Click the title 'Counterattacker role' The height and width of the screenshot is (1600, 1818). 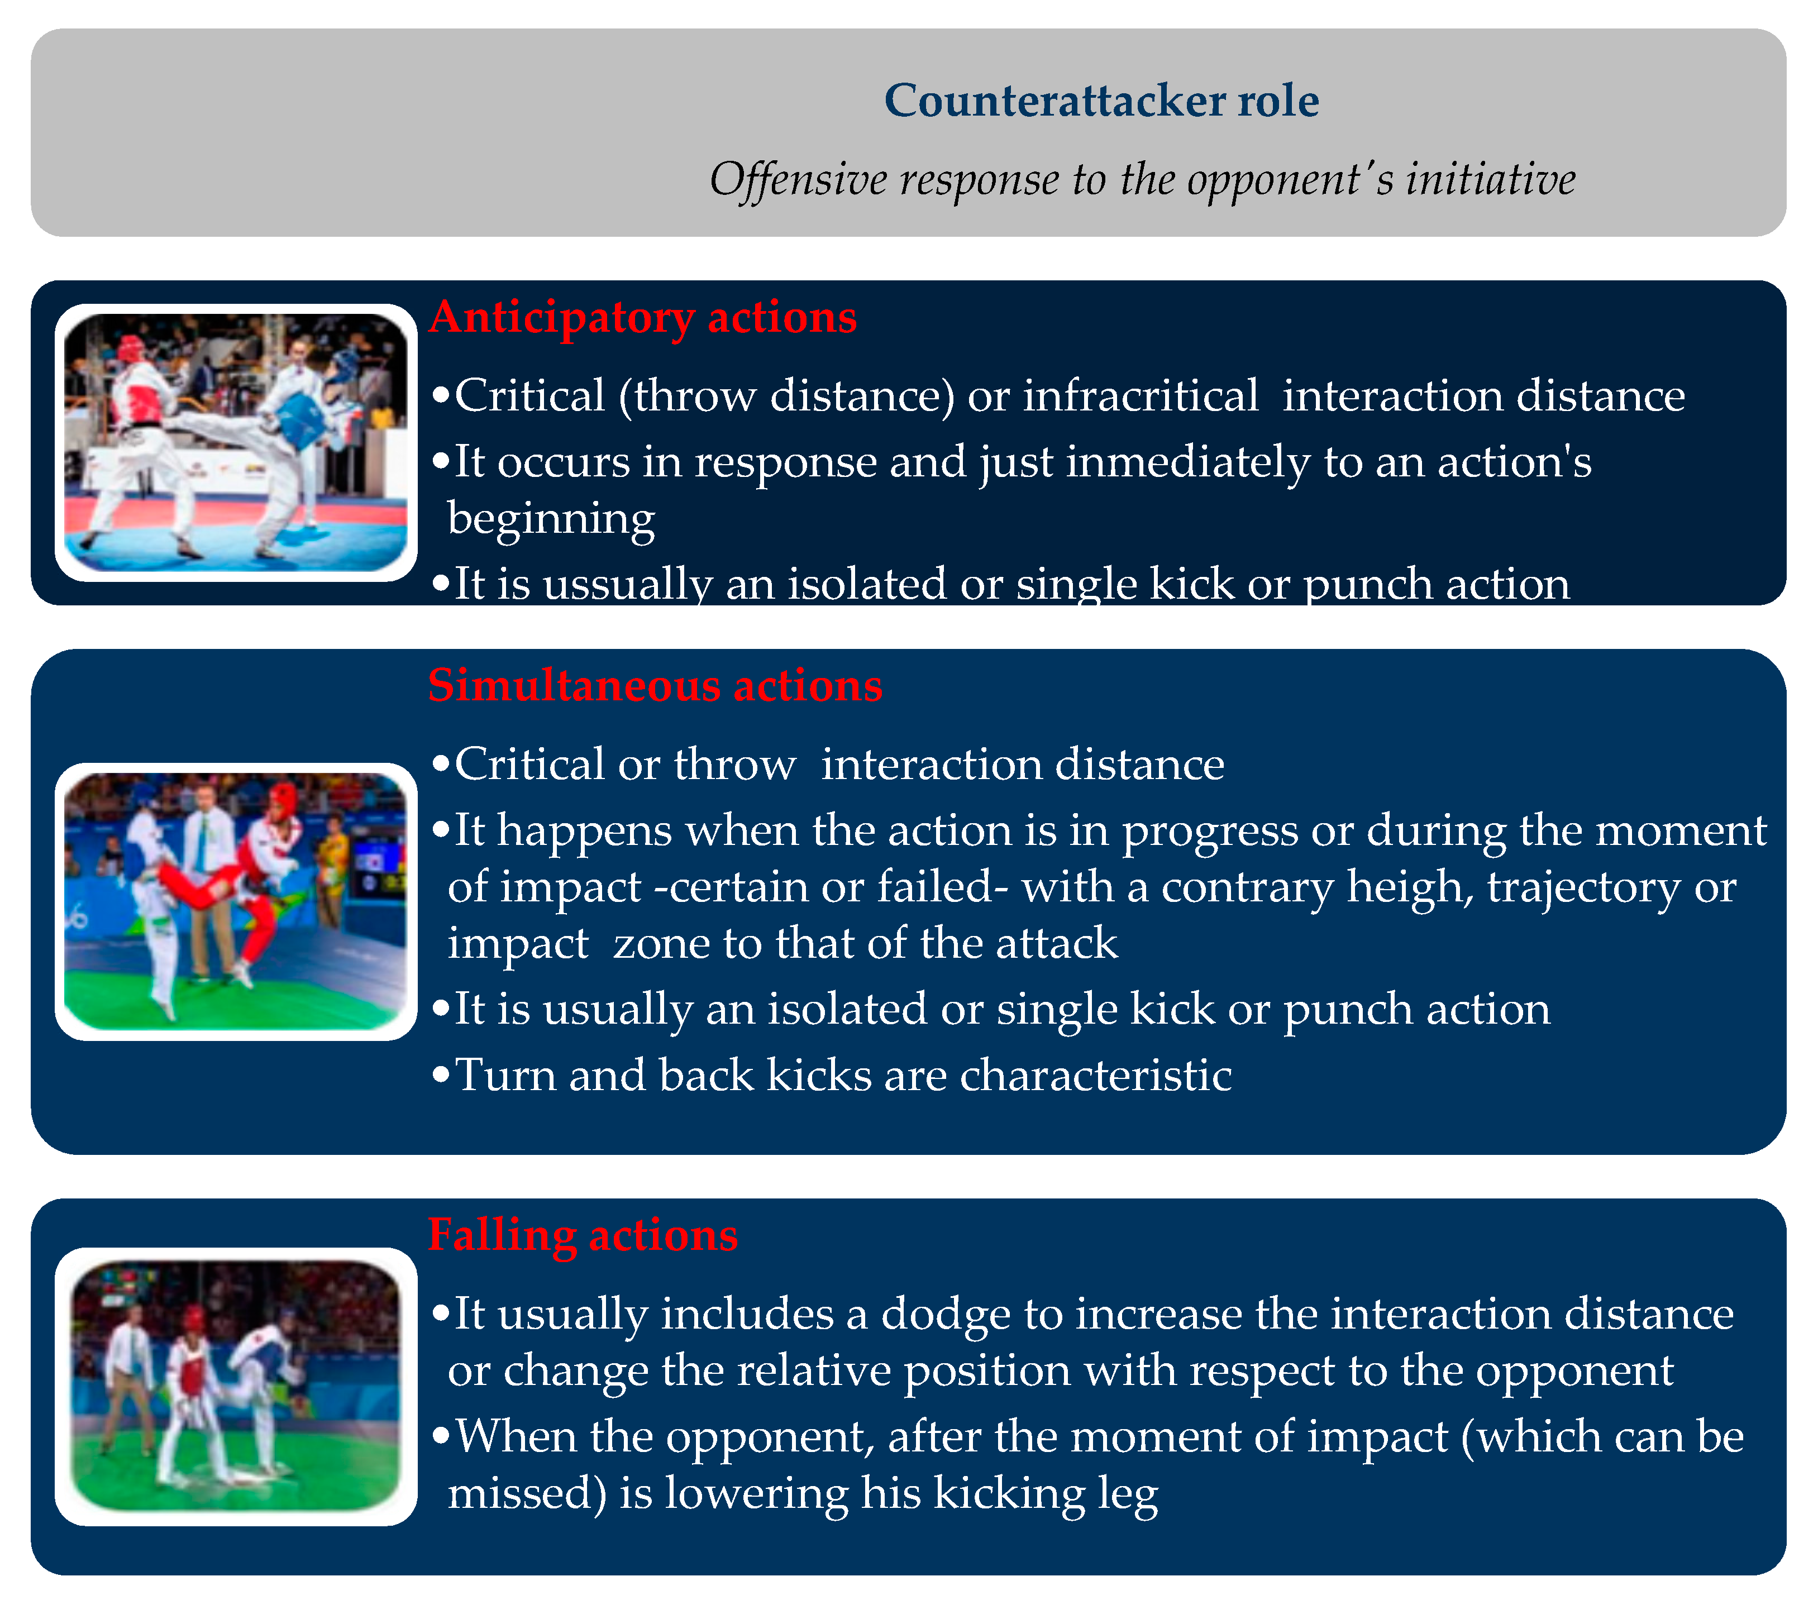click(1101, 101)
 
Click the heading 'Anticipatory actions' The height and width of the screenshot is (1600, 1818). click(643, 318)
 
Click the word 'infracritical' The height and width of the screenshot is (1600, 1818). click(1141, 396)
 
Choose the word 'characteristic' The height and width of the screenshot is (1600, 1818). click(1096, 1075)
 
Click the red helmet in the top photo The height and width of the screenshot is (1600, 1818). click(131, 350)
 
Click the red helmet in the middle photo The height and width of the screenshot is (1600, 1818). click(284, 799)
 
